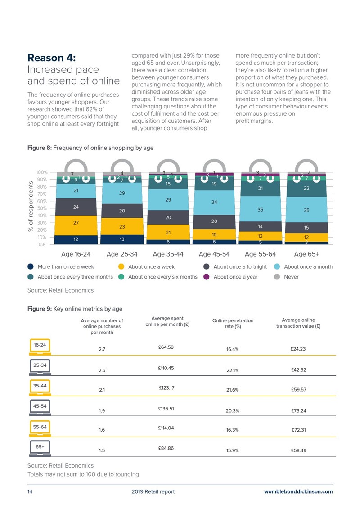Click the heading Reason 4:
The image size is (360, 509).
[x=51, y=58]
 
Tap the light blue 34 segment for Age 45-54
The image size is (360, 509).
[x=214, y=203]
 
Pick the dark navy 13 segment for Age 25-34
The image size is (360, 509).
[x=122, y=239]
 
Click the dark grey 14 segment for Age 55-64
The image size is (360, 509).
[x=261, y=226]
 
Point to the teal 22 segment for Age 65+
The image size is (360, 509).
[x=306, y=189]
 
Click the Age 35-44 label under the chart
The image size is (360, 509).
[x=168, y=254]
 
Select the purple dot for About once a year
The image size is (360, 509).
[x=207, y=277]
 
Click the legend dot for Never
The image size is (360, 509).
[x=277, y=277]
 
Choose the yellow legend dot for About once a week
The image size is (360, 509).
[x=121, y=266]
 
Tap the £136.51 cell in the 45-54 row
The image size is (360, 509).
[x=166, y=409]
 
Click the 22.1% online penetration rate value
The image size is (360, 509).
[x=233, y=370]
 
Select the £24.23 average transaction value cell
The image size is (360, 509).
[x=298, y=349]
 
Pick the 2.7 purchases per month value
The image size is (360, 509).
[x=102, y=349]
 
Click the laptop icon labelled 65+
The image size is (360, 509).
[x=40, y=449]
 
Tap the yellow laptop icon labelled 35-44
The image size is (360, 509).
[x=40, y=387]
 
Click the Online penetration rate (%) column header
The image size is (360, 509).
[x=233, y=323]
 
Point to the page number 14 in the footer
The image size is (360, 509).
[x=30, y=491]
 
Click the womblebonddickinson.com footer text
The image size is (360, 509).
[x=298, y=491]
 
